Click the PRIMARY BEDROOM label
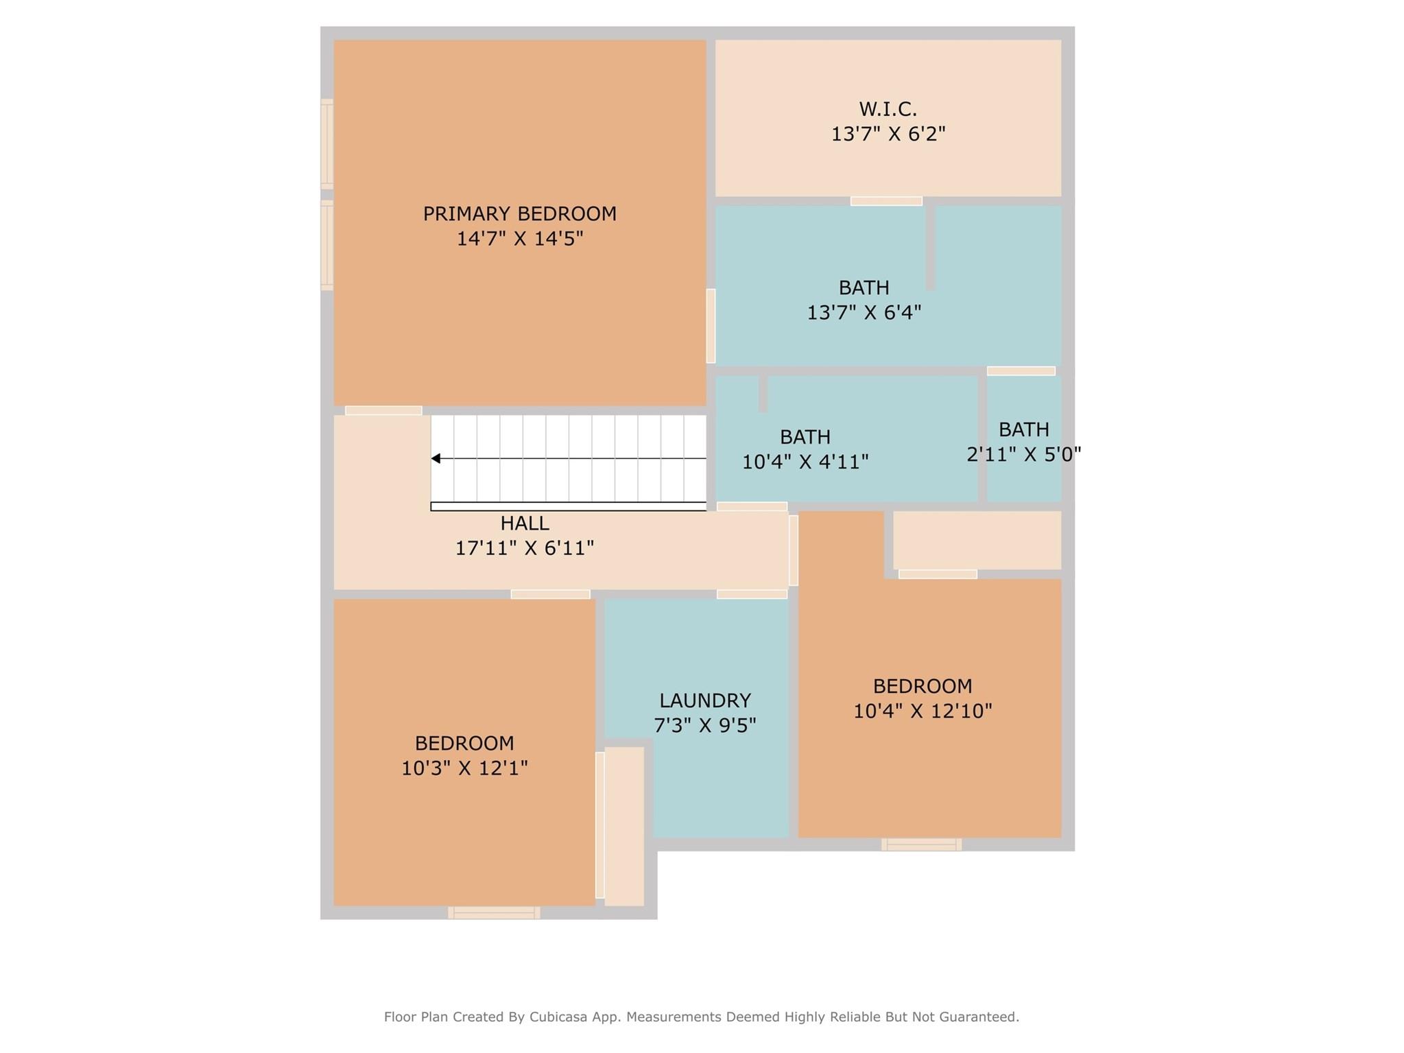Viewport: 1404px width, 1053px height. point(519,214)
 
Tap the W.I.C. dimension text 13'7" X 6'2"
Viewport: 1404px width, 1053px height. point(888,134)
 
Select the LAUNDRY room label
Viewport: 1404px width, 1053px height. point(705,700)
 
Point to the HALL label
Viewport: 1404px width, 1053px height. point(525,523)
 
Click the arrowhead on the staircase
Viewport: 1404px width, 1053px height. point(436,458)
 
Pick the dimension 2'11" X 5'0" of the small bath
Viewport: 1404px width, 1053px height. point(1024,454)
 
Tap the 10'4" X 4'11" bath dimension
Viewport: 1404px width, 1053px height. point(805,462)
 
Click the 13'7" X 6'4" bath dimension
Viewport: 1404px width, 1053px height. point(864,313)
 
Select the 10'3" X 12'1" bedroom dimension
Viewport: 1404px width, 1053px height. point(464,768)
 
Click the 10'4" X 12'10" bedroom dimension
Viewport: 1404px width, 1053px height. point(923,711)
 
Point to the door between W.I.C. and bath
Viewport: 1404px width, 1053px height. point(886,201)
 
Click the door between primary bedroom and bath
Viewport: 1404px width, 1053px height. point(711,326)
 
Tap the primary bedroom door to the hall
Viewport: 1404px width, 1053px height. point(383,410)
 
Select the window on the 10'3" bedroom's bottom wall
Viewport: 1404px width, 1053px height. point(494,912)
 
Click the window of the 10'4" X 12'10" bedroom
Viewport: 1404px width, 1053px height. point(921,844)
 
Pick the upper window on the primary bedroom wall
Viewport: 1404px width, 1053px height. point(327,144)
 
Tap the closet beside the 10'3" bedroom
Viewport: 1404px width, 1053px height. point(624,826)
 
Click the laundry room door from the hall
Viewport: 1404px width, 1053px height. point(752,594)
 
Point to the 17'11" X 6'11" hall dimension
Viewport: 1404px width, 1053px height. point(525,548)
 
